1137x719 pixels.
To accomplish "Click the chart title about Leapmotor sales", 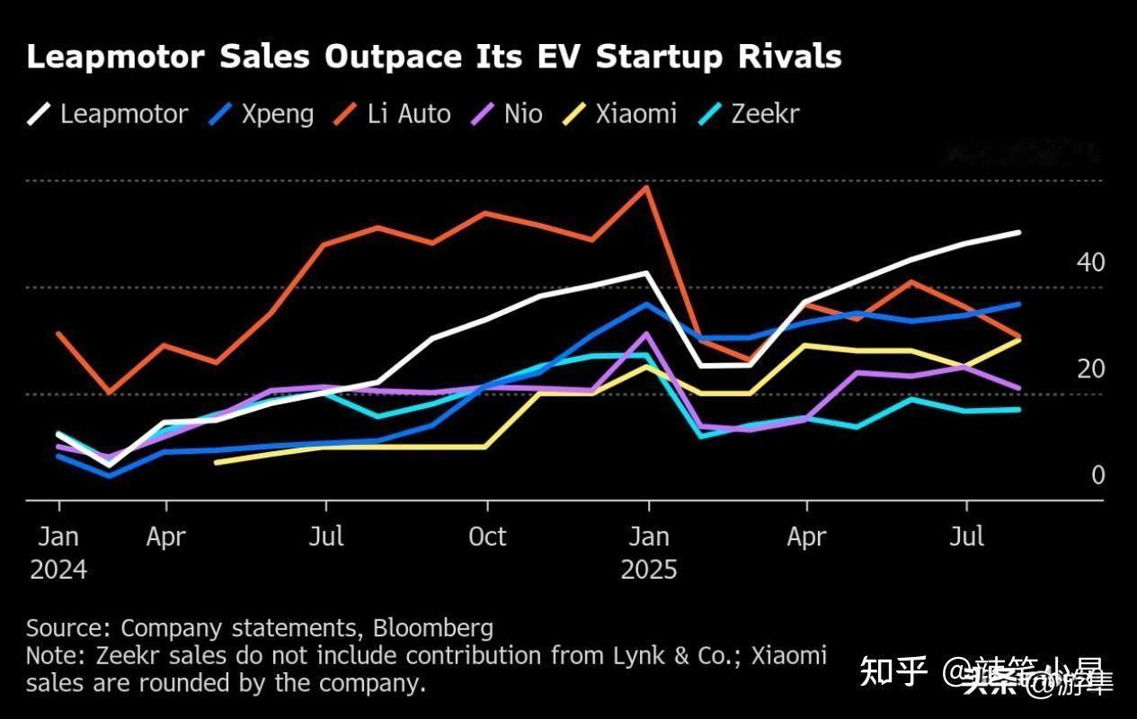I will point(434,57).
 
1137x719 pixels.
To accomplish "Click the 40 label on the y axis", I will point(1090,262).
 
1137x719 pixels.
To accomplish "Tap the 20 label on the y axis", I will point(1090,368).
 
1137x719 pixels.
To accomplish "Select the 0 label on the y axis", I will point(1097,475).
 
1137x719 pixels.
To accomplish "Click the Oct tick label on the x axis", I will point(487,537).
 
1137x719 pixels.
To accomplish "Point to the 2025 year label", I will point(649,570).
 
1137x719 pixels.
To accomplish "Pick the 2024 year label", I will point(58,570).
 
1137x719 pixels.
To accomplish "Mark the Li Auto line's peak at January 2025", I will point(646,187).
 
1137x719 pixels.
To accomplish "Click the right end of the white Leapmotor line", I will point(1018,233).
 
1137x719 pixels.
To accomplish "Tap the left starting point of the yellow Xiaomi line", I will point(217,462).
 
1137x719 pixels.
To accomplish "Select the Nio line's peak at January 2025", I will point(646,333).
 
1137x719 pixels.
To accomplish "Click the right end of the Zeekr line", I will point(1018,409).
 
